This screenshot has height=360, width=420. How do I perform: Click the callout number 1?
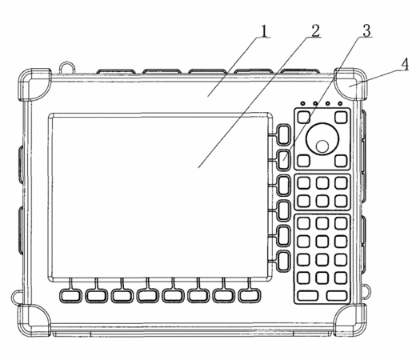[x=264, y=31]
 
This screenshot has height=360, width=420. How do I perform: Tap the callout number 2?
[x=315, y=30]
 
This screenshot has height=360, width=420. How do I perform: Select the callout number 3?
[x=366, y=30]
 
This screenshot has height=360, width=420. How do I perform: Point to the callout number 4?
[x=405, y=65]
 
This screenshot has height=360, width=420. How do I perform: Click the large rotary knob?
[x=322, y=139]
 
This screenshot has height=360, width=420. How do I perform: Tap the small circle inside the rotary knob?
[x=322, y=146]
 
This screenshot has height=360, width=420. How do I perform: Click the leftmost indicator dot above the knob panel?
[x=303, y=103]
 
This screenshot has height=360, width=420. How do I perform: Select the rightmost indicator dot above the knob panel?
[x=340, y=103]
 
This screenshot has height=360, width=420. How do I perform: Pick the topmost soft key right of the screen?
[x=284, y=134]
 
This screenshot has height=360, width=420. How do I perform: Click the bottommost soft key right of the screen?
[x=284, y=261]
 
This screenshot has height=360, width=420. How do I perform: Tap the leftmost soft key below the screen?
[x=70, y=295]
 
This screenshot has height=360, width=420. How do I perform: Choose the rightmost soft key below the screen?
[x=250, y=295]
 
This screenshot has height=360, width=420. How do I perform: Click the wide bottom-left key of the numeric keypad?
[x=308, y=296]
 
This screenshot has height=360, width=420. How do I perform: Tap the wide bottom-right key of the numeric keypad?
[x=337, y=296]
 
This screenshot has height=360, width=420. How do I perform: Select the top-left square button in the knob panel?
[x=304, y=117]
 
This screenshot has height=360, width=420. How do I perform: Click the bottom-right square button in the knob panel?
[x=341, y=161]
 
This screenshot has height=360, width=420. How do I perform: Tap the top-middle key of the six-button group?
[x=322, y=183]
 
